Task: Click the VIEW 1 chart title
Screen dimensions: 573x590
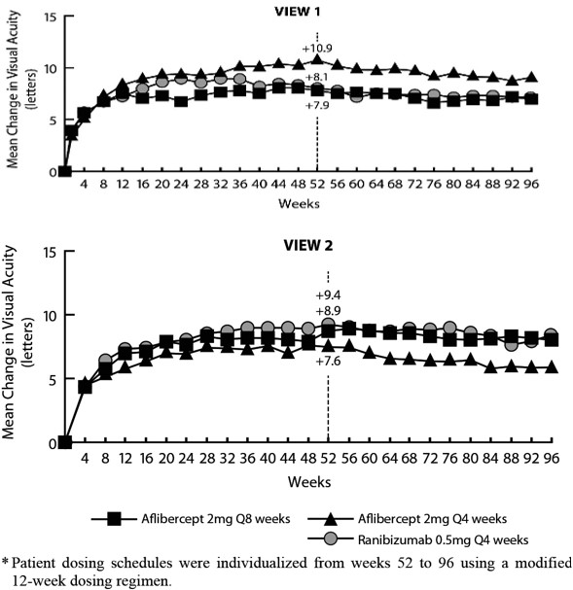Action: coord(298,12)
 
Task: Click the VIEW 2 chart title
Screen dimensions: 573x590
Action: coord(308,245)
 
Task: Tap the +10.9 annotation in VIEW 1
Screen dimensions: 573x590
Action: coord(317,49)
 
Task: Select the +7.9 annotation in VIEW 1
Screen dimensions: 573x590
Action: coord(317,105)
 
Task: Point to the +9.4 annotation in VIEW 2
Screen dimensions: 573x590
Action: coord(328,295)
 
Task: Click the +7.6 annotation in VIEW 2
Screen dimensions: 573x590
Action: coord(328,362)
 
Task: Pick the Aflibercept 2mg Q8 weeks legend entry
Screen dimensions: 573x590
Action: coord(191,519)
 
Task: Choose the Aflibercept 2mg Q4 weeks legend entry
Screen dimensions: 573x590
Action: coord(408,519)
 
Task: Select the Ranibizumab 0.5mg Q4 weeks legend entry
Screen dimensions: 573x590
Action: coord(418,540)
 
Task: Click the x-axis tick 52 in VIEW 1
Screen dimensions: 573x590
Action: coord(317,184)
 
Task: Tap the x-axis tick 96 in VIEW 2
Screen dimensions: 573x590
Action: coord(552,459)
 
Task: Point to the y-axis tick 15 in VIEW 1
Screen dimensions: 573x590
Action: coord(50,17)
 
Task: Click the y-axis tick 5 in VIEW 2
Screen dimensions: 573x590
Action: coord(53,380)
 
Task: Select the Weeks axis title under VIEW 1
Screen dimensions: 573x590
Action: coord(299,203)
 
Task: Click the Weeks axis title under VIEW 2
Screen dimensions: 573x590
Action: coord(309,482)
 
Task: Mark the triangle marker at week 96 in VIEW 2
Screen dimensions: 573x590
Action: coord(552,366)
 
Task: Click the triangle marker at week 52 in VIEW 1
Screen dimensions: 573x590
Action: coord(317,59)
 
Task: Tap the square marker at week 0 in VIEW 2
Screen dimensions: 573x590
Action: coord(65,442)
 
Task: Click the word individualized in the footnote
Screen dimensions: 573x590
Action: coord(262,563)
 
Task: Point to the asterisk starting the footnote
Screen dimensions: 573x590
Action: coord(5,562)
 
